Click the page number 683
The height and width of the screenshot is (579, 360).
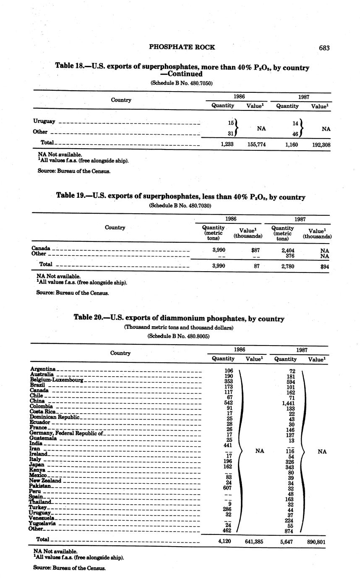coord(324,48)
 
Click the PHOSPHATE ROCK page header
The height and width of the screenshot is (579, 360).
coord(182,47)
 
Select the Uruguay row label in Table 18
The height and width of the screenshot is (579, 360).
coord(44,121)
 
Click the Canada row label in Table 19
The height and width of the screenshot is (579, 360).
coord(41,248)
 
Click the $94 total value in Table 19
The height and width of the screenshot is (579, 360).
coord(324,266)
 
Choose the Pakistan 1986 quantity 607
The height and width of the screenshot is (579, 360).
coord(227,488)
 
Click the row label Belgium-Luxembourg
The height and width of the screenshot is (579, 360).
coord(57,380)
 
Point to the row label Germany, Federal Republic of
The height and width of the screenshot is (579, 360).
coord(66,433)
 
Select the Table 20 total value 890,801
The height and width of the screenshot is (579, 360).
coord(316,542)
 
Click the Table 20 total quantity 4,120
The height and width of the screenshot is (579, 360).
coord(225,541)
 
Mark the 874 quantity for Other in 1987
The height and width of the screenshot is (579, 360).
coord(289,531)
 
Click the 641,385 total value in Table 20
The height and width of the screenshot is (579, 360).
coord(254,542)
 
